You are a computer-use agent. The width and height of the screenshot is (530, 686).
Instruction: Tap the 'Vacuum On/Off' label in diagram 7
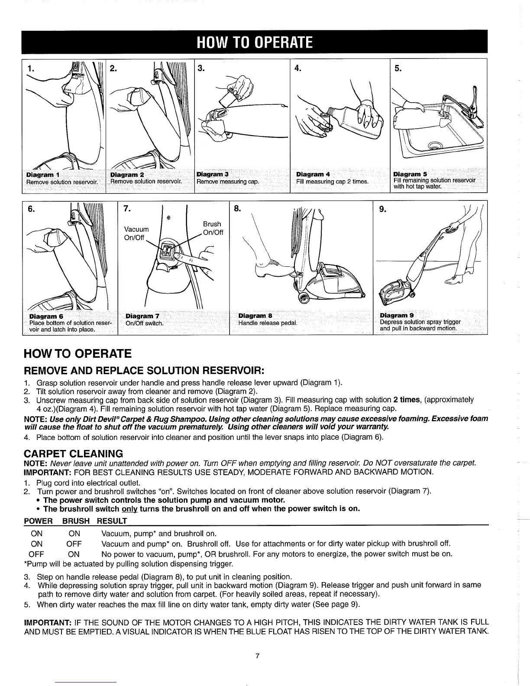point(136,233)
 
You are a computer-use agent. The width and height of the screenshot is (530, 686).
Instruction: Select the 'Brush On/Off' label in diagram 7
point(212,228)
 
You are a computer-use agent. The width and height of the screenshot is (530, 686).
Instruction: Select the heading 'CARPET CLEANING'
point(73,453)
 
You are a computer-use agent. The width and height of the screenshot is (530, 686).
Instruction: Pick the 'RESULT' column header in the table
point(112,520)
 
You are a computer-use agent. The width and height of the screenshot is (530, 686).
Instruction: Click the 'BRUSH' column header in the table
point(76,520)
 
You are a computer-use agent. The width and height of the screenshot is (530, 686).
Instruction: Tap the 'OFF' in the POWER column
point(36,554)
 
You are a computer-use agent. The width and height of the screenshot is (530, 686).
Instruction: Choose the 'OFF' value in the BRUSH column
point(74,544)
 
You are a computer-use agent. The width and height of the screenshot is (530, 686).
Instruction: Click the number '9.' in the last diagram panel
point(383,210)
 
